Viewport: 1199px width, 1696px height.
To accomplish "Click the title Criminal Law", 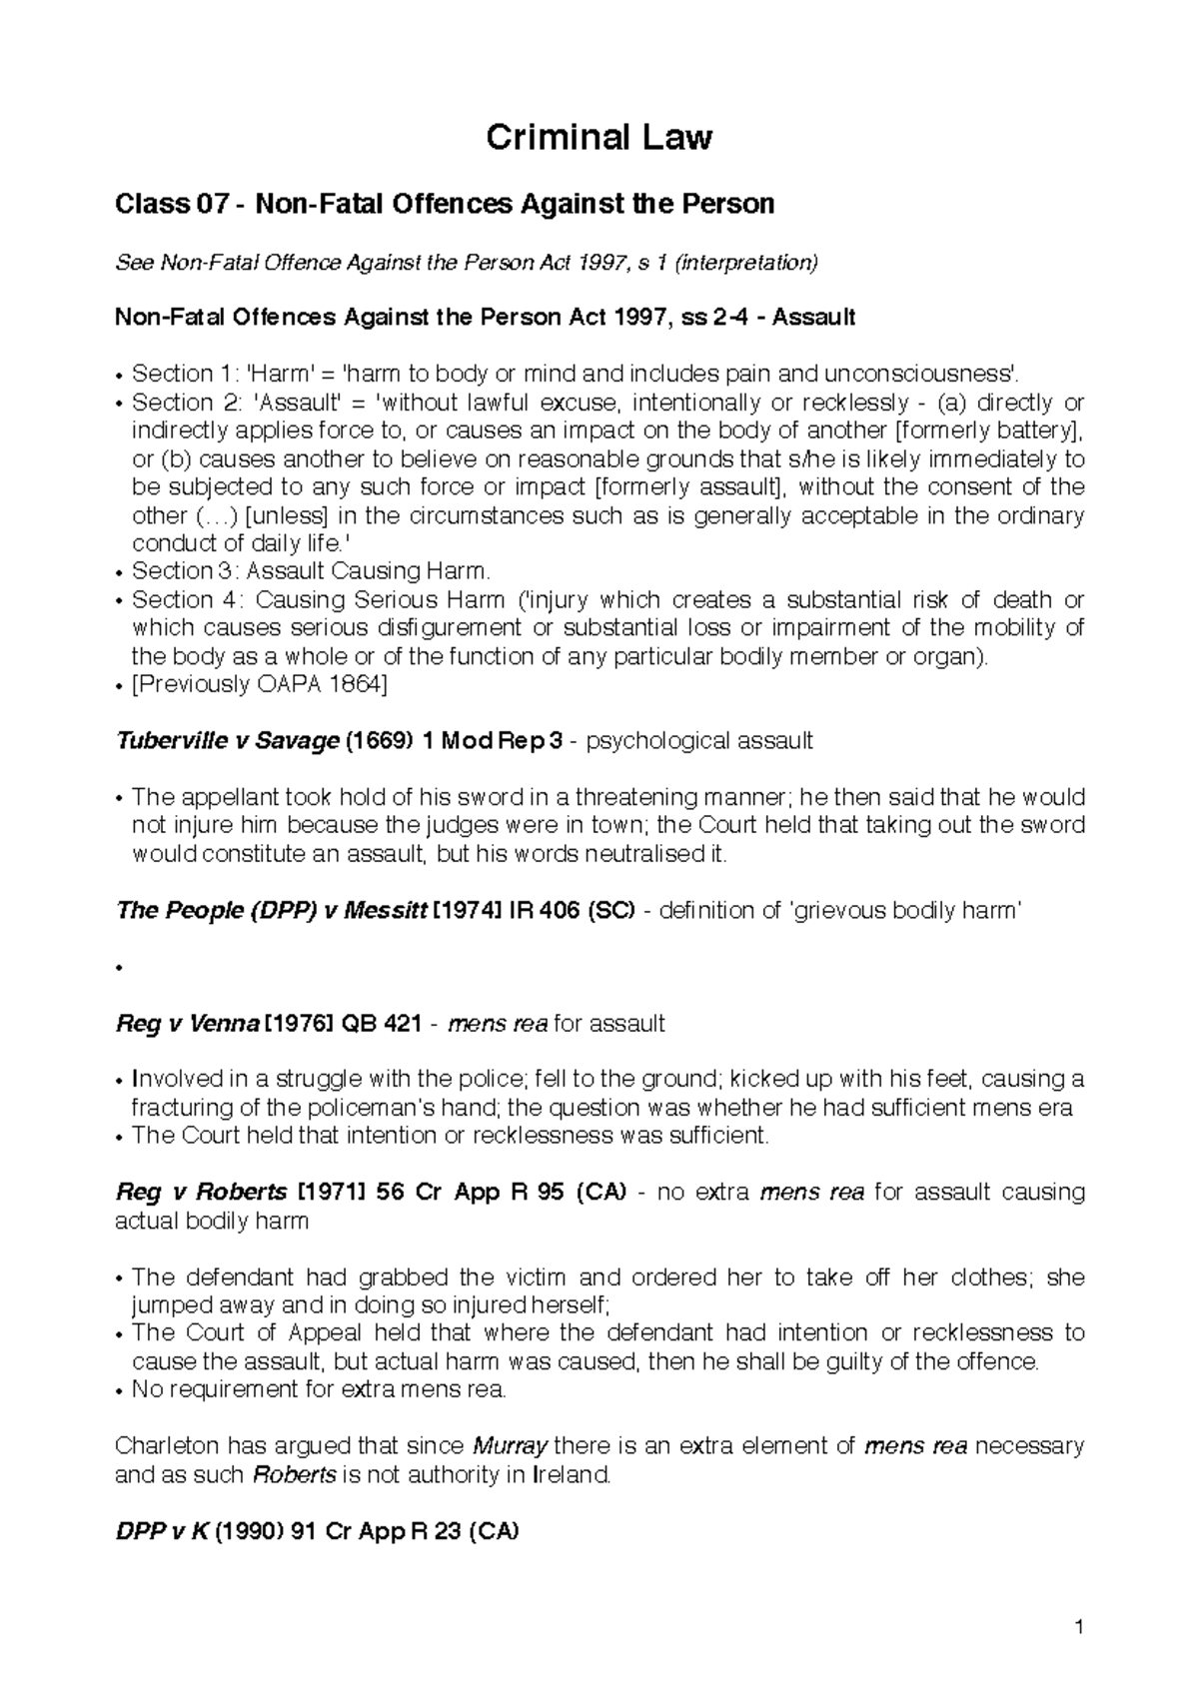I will (x=599, y=138).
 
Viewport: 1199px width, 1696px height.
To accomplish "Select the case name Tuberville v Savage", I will (x=228, y=741).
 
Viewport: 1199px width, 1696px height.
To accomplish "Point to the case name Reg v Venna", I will (x=188, y=1024).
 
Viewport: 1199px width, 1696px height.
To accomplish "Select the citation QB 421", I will (x=387, y=1024).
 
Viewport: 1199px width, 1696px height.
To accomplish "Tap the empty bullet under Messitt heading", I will (x=120, y=968).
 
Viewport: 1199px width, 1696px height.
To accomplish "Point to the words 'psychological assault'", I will (x=699, y=741).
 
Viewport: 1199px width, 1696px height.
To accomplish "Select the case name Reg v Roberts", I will (x=201, y=1192).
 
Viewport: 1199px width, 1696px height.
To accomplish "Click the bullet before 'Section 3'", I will (x=120, y=572).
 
